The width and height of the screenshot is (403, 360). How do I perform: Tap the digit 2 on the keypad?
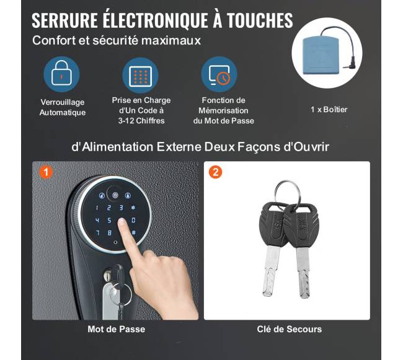109,208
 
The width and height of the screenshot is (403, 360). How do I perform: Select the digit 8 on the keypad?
110,233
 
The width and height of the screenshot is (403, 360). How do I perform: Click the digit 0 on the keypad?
134,221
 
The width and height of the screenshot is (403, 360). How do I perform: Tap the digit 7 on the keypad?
97,233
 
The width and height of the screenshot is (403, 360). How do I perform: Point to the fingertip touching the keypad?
122,222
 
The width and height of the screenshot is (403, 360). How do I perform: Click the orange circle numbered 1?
46,172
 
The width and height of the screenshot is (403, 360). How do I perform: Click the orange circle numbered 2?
215,172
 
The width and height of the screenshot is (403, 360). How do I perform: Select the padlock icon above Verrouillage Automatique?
61,74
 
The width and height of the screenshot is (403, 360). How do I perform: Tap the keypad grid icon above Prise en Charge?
140,76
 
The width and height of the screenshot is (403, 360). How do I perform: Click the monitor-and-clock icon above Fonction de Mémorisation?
219,74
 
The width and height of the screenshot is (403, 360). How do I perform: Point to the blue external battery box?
323,55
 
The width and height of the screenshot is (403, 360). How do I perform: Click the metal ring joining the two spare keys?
287,193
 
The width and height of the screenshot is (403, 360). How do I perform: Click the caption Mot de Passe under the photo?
116,329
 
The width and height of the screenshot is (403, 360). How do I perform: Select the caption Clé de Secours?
289,329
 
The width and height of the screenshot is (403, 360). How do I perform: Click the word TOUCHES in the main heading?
260,20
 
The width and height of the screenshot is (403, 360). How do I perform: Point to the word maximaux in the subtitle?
171,40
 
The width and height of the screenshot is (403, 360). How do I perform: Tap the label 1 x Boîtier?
329,110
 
